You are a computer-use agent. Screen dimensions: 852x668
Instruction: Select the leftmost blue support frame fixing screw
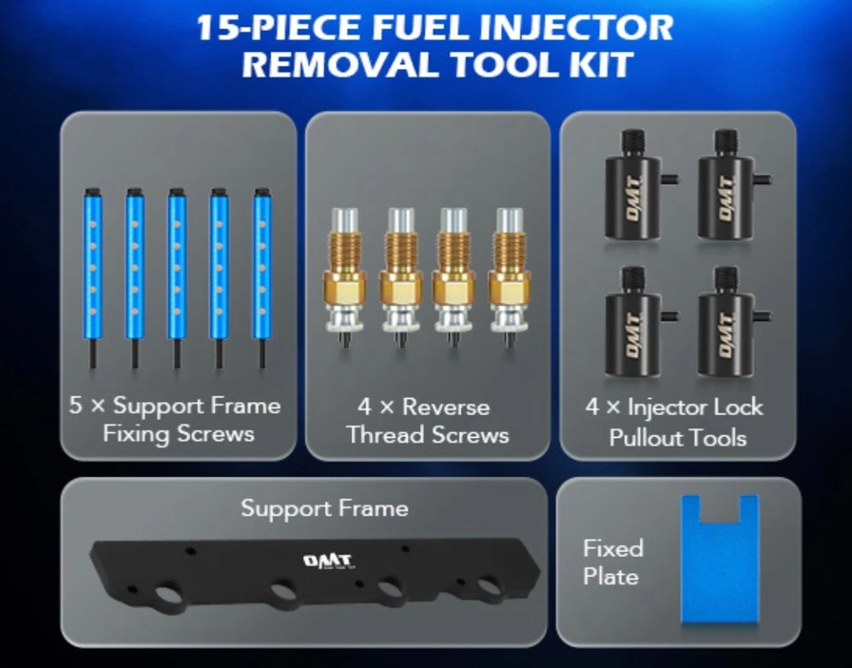(93, 278)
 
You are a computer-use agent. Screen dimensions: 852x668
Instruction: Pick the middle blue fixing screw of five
(176, 278)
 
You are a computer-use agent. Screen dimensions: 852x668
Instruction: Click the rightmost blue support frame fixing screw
(262, 278)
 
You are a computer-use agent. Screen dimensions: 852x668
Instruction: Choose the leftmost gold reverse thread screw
(344, 277)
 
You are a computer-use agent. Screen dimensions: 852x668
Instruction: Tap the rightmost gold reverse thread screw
(509, 277)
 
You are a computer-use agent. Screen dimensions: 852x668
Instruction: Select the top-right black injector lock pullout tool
(730, 185)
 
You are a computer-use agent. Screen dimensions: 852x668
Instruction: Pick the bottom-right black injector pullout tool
(730, 322)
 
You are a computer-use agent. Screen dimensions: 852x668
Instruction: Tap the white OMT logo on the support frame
(328, 561)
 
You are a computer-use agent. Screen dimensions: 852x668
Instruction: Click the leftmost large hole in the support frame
(170, 594)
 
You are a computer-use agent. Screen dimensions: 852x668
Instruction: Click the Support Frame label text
(325, 509)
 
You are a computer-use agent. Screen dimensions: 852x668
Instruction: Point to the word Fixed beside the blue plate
(613, 549)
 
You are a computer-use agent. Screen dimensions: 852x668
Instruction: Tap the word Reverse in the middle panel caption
(446, 407)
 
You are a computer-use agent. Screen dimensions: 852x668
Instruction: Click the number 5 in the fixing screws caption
(76, 406)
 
